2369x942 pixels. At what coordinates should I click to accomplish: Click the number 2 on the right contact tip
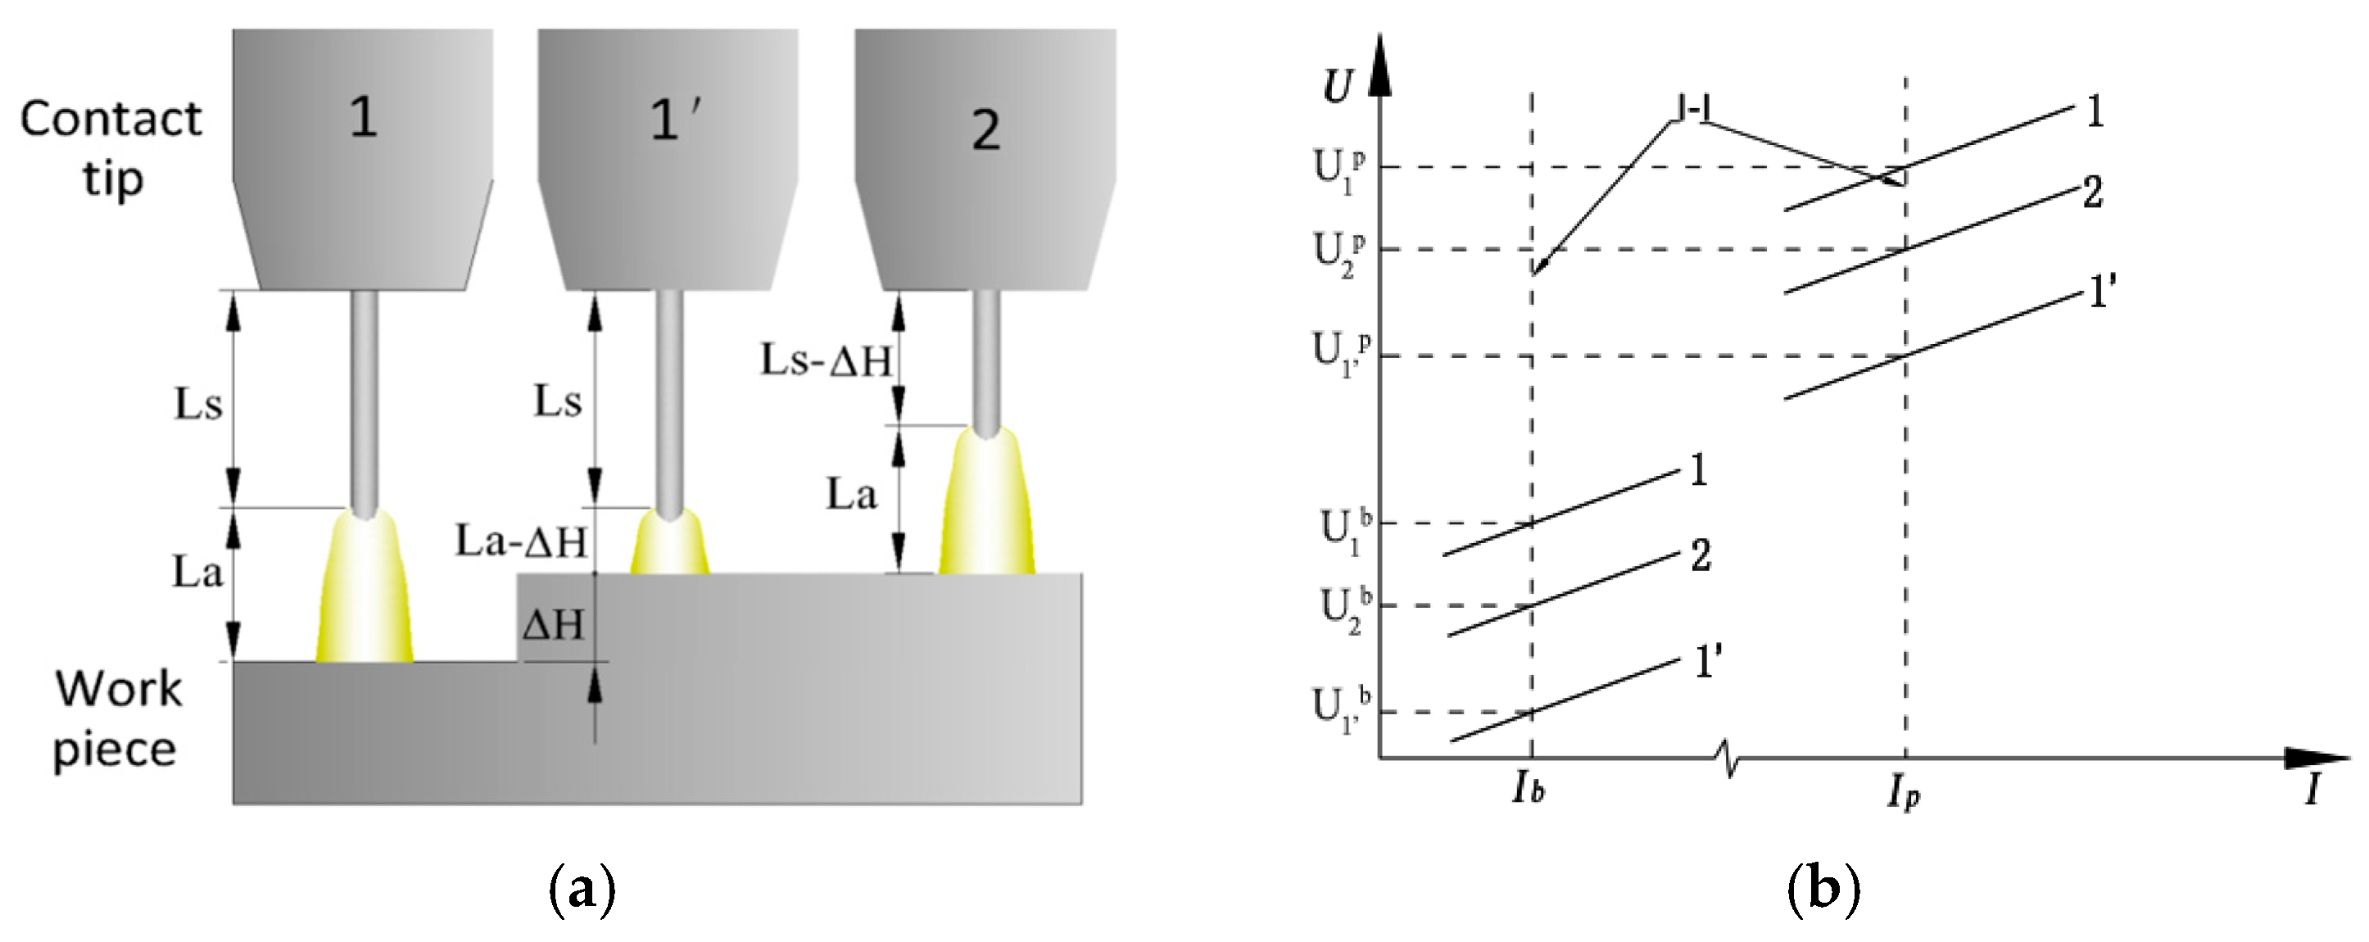[986, 129]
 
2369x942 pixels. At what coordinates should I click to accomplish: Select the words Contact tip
[111, 147]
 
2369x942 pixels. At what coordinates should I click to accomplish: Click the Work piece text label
[117, 718]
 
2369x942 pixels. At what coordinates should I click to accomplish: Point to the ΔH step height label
[554, 626]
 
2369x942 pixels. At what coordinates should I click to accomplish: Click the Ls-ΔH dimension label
[825, 360]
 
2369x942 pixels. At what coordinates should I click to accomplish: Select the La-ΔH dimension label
[520, 541]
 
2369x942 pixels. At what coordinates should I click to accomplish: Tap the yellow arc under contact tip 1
[365, 589]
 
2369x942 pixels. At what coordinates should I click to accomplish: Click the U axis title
[1337, 85]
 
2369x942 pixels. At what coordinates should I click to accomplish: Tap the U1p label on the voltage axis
[1338, 170]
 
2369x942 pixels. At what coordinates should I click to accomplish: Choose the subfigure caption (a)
[582, 889]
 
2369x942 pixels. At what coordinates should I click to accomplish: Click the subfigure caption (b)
[1823, 889]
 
